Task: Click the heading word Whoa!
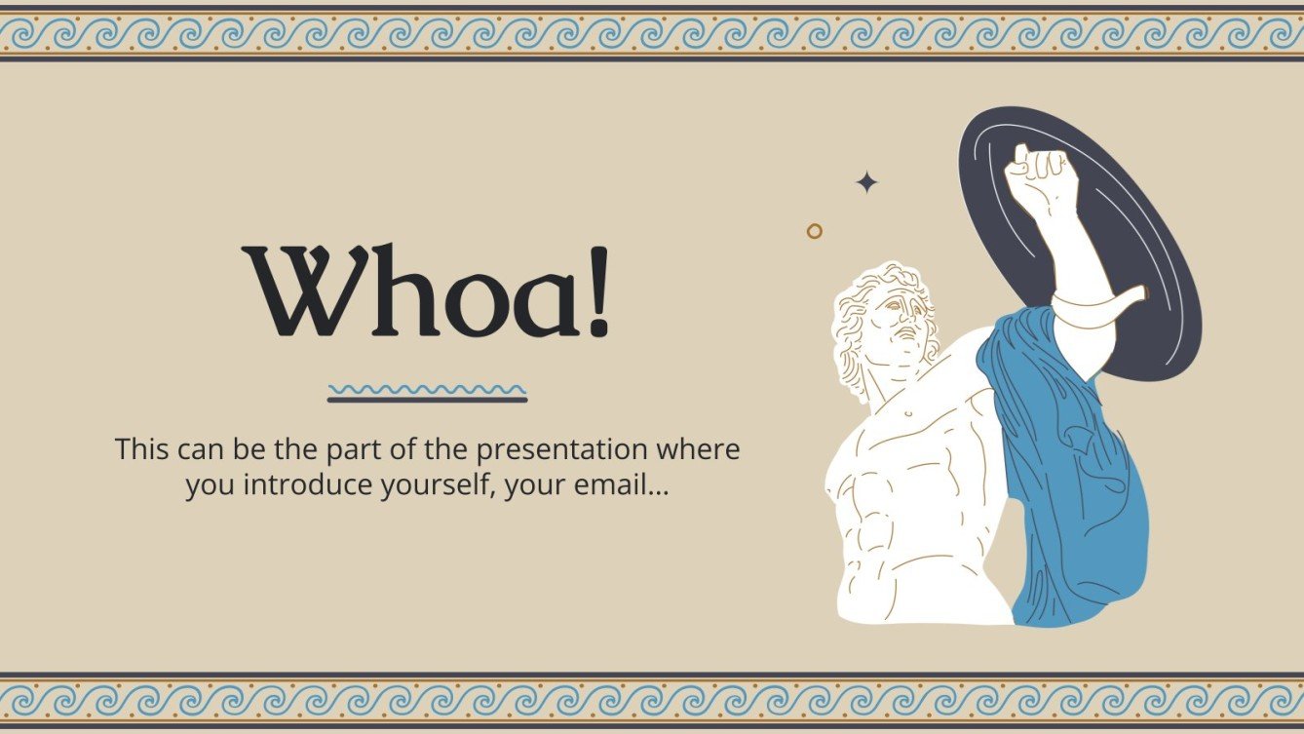[x=427, y=290]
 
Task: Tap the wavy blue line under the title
[x=427, y=389]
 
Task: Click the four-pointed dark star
[x=866, y=182]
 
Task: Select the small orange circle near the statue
[x=815, y=231]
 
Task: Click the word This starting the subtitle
[x=143, y=450]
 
